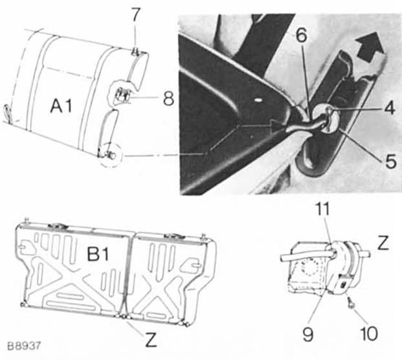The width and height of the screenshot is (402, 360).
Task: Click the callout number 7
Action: coord(135,15)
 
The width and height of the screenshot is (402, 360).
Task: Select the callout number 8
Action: coord(168,98)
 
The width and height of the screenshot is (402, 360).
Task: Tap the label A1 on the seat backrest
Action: coord(61,106)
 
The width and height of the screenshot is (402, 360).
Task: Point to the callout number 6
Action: coord(301,35)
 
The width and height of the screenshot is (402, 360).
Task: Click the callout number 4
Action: coord(390,108)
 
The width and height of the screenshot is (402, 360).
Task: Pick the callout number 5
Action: coord(391,161)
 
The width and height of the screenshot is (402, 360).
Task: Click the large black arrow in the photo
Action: coord(370,47)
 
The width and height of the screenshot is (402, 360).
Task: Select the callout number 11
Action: coord(322,209)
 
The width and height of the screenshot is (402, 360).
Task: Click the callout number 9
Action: coord(308,334)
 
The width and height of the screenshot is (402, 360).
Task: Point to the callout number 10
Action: coord(369,333)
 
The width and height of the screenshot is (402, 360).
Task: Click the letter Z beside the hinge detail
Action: coord(383,243)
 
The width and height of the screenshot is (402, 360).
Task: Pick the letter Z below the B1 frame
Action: coord(151,340)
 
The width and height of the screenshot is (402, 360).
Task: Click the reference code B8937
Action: coord(24,346)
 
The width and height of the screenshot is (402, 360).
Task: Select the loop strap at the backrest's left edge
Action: coord(7,112)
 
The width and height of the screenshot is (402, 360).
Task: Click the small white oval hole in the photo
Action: coord(259,98)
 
